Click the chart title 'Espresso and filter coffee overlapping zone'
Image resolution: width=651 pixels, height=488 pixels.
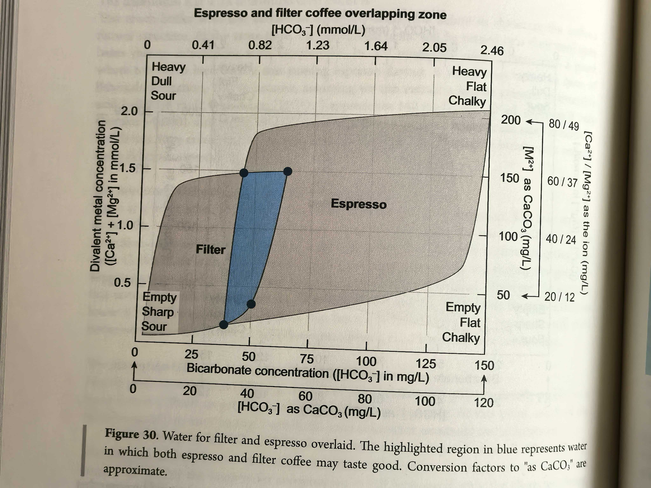320,14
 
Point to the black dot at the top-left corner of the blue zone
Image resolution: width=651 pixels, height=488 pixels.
244,173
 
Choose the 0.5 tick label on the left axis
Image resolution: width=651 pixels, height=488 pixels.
122,283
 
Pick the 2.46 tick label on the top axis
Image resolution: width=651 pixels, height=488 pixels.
492,51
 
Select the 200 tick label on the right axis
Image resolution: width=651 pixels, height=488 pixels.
511,120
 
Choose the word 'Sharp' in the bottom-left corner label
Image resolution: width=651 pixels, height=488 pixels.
158,312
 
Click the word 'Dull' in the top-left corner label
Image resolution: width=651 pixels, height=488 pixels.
161,81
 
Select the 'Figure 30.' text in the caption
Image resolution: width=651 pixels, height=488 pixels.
132,434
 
